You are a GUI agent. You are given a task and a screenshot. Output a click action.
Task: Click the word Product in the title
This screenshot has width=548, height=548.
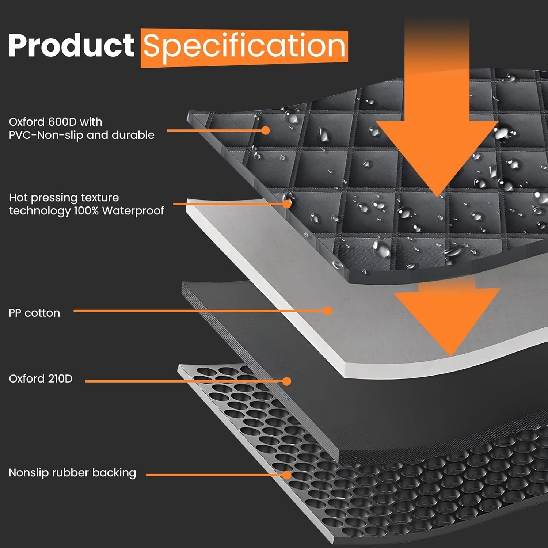[72, 45]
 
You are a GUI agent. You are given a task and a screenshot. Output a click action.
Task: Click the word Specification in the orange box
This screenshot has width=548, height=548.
[244, 47]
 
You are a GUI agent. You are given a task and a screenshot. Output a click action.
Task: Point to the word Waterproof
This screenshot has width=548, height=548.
[133, 211]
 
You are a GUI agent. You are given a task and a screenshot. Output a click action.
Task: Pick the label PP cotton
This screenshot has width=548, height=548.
[34, 313]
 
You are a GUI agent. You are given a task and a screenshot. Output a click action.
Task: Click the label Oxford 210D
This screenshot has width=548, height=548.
[41, 378]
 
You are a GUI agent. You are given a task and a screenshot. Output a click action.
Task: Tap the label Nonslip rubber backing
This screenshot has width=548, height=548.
[72, 473]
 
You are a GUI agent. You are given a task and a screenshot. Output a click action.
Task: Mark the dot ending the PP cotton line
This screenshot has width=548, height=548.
[328, 311]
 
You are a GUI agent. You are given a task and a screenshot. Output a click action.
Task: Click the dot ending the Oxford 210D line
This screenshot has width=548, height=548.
[287, 381]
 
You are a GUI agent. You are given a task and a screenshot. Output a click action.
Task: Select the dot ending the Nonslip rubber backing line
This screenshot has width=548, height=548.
[287, 475]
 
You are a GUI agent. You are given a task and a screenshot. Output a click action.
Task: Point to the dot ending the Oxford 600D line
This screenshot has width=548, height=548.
[266, 130]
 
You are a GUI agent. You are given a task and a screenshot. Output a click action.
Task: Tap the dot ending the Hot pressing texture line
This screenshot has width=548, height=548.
[287, 204]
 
